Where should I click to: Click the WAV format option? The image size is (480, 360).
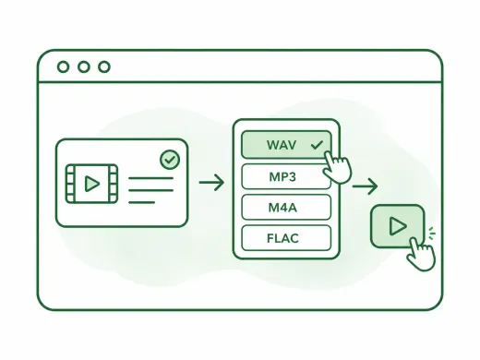(286, 145)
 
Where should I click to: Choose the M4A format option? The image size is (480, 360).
(286, 207)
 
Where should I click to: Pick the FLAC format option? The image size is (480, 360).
(286, 238)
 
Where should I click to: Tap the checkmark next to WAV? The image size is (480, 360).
(317, 145)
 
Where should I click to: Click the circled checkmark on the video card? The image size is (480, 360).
(170, 160)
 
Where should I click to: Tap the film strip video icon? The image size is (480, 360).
(91, 184)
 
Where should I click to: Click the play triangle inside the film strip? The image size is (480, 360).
(92, 184)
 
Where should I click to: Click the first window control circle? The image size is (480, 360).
(63, 66)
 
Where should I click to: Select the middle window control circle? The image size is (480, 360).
(84, 66)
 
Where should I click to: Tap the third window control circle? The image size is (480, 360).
(104, 66)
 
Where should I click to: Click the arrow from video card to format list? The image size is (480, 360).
(211, 183)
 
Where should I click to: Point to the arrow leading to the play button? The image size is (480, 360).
(365, 186)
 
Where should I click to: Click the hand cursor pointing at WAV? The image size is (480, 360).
(337, 168)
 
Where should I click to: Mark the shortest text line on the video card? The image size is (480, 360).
(142, 202)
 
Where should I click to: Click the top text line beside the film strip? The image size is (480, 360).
(150, 178)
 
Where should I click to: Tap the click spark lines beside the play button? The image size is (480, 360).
(431, 233)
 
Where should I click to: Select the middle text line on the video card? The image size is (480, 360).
(150, 190)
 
